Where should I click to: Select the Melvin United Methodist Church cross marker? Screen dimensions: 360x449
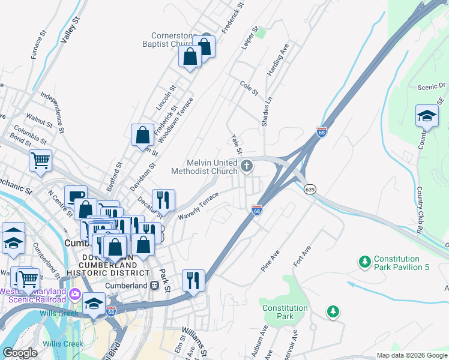(x=247, y=166)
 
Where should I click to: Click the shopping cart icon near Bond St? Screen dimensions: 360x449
(x=40, y=160)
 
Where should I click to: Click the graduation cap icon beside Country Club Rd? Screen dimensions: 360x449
(x=427, y=115)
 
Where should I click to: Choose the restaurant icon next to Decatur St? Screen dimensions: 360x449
(x=163, y=199)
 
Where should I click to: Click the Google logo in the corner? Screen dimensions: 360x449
(x=20, y=353)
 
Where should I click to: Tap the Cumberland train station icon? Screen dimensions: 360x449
(x=154, y=286)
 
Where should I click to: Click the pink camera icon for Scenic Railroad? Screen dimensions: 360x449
(x=75, y=294)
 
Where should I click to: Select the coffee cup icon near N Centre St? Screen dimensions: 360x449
(x=76, y=196)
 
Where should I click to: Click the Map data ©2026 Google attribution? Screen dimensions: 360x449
(x=411, y=355)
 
